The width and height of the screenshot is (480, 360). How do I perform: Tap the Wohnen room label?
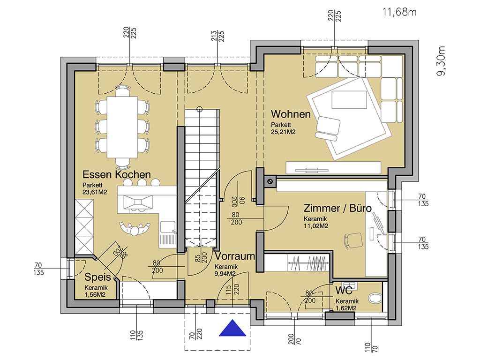click(x=291, y=114)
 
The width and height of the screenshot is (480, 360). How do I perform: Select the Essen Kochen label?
click(x=117, y=174)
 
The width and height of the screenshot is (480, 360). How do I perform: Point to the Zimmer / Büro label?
click(x=337, y=208)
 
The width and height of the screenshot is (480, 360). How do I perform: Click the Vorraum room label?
click(x=235, y=256)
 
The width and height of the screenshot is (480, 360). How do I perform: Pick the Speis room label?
click(x=97, y=277)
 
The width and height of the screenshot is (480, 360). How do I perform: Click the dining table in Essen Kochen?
click(x=122, y=127)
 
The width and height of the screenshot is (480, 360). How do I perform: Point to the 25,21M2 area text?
click(x=283, y=132)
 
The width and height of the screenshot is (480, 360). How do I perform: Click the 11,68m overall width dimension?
click(x=399, y=12)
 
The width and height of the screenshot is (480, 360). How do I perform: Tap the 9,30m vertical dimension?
click(x=441, y=61)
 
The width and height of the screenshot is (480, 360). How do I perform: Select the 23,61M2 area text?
click(x=95, y=193)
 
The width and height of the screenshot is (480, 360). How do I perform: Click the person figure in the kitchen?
click(x=135, y=229)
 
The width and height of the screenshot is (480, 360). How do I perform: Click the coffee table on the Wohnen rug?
click(x=349, y=99)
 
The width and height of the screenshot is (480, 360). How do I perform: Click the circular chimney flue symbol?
click(x=270, y=181)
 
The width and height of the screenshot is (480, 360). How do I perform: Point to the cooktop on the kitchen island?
click(x=137, y=202)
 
